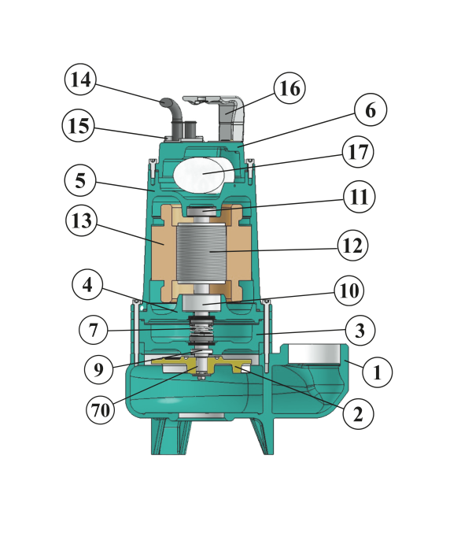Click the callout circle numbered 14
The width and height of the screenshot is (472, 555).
(x=81, y=80)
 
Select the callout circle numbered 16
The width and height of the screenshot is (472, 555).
(x=289, y=88)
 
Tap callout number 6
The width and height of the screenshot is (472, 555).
(x=370, y=111)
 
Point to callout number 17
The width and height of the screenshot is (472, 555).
(x=358, y=151)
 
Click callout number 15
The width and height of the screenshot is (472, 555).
(x=79, y=126)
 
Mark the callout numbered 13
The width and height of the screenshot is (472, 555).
(x=81, y=222)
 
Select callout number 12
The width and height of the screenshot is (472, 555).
(x=352, y=246)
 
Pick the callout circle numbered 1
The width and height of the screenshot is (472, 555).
(x=376, y=372)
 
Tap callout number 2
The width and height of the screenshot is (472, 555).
(x=357, y=412)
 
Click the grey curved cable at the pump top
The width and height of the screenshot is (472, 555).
(x=175, y=110)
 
